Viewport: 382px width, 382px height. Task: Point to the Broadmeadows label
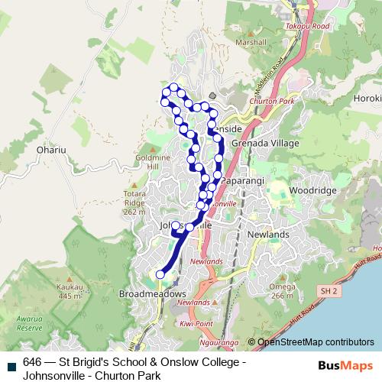click(153, 293)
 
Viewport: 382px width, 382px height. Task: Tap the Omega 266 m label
click(280, 291)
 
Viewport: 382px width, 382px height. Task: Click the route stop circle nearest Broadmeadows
click(160, 274)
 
